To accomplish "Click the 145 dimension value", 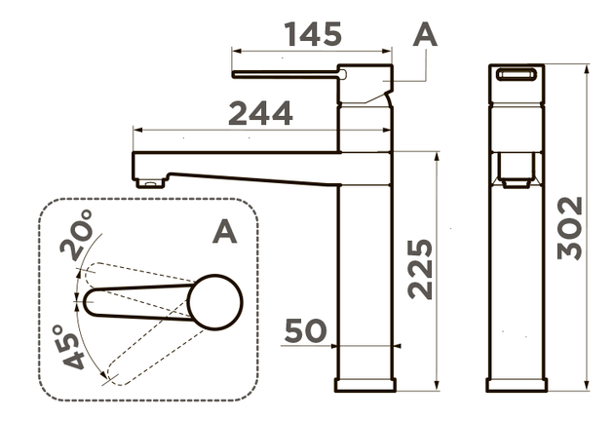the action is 313,34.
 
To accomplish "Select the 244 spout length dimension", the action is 260,113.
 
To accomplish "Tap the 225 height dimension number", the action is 420,269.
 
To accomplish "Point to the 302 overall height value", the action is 570,228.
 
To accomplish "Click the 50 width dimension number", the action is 305,331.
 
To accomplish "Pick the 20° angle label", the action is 77,235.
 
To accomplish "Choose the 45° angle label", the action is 70,347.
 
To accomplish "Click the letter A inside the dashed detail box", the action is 225,231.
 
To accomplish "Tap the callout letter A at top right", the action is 425,34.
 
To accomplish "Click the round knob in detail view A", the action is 215,302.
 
